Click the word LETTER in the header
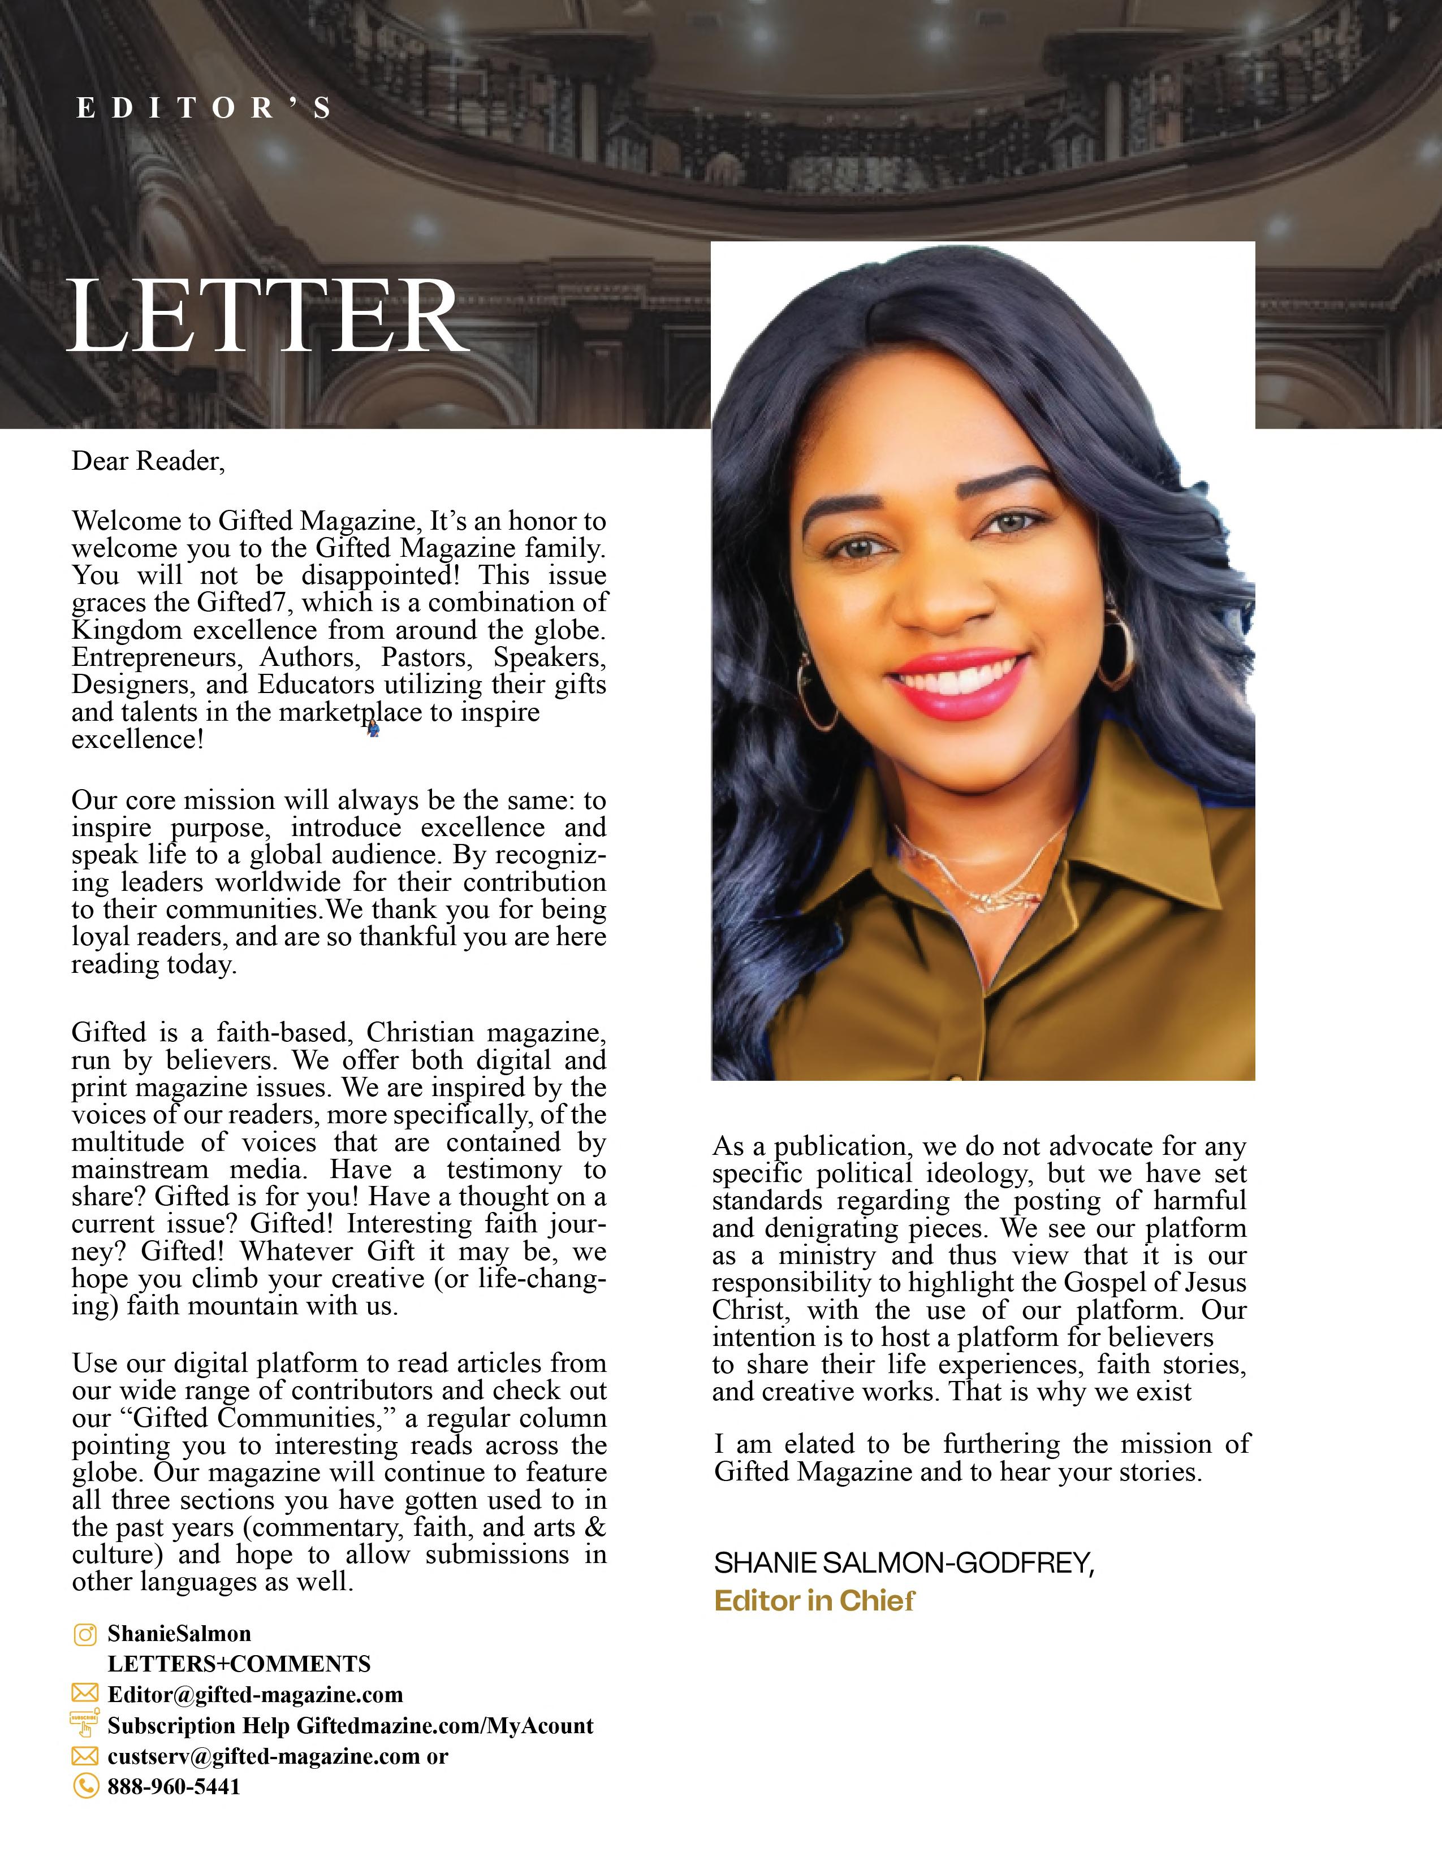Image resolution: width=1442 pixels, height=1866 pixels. point(267,316)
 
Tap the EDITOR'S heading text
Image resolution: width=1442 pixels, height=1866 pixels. point(204,109)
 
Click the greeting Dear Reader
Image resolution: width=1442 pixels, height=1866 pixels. point(148,461)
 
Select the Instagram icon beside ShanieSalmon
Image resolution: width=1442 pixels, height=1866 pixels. point(85,1634)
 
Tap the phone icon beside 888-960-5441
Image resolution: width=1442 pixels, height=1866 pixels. point(85,1786)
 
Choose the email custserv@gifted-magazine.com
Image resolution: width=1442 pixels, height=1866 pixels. point(264,1757)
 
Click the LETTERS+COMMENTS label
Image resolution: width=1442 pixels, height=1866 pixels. point(239,1664)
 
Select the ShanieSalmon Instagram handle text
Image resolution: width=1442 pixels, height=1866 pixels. point(179,1634)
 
